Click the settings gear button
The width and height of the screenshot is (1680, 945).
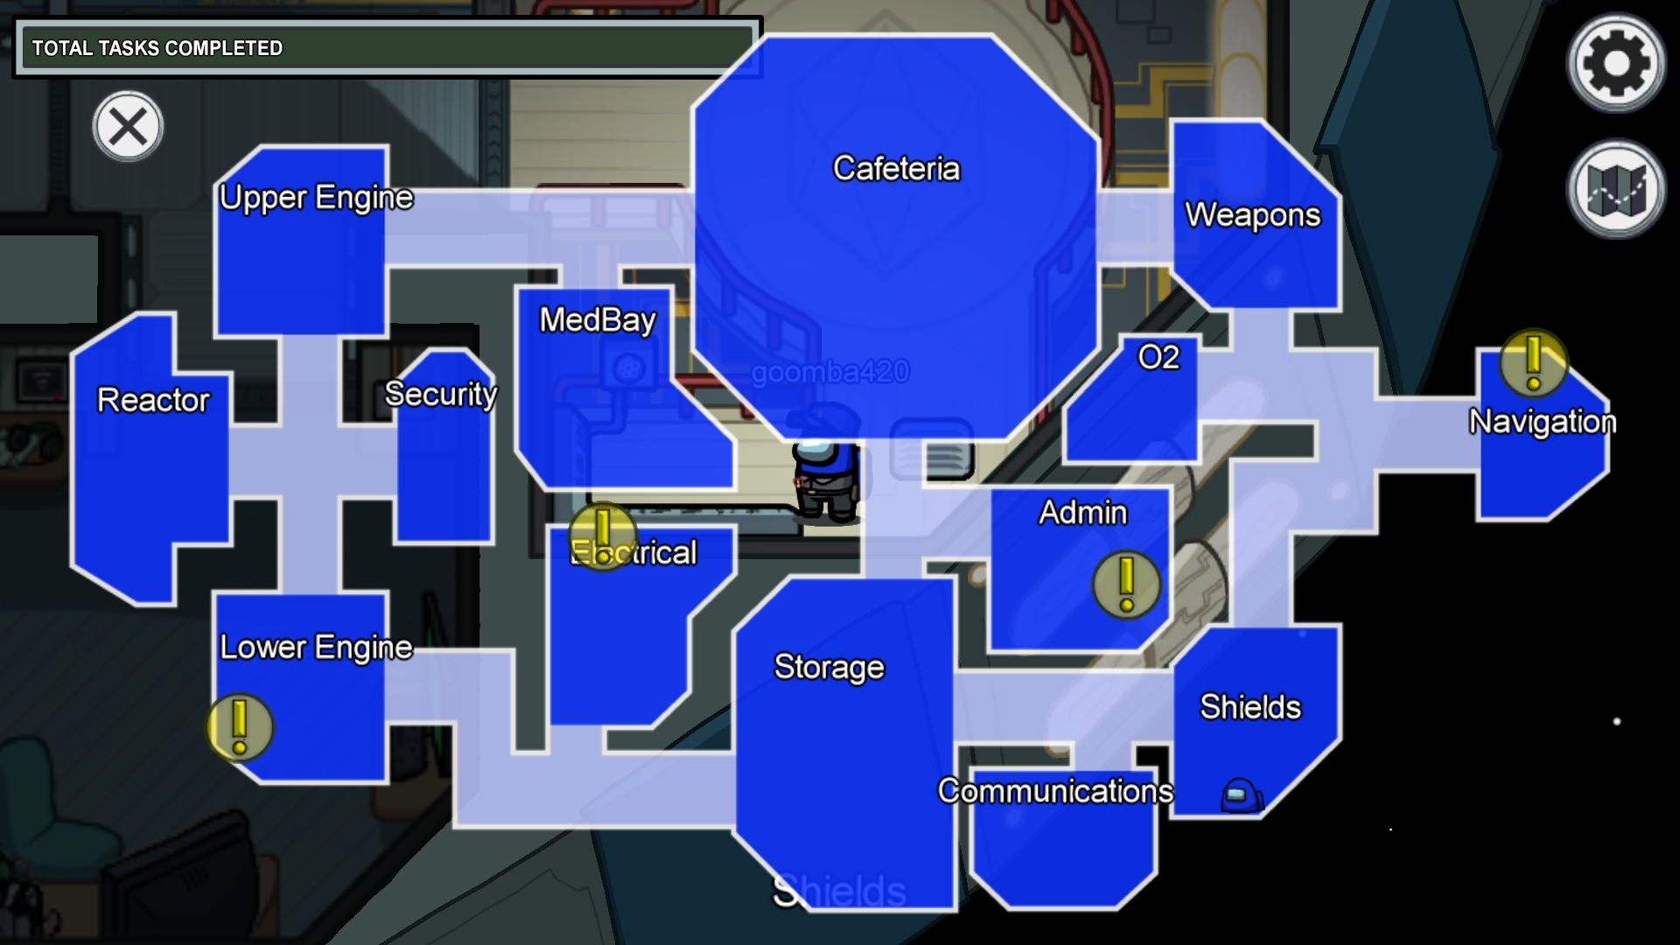tap(1615, 63)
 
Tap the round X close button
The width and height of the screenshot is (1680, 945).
tap(128, 127)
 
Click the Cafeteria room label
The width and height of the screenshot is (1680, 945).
tap(896, 168)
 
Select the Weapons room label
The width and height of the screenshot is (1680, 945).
tap(1252, 215)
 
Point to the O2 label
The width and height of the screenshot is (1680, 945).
tap(1158, 357)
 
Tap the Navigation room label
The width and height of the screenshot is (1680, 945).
tap(1542, 422)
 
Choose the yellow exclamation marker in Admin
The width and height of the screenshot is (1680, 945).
tap(1126, 584)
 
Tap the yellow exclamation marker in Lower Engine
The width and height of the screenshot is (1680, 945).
tap(240, 727)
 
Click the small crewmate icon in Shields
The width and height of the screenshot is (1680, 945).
tap(1241, 795)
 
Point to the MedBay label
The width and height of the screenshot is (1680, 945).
tap(598, 320)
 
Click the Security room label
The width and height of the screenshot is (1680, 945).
tap(441, 395)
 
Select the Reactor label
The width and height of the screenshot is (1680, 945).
tap(153, 400)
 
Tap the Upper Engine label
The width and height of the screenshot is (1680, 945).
tap(316, 198)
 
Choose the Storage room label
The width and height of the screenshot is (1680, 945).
tap(829, 668)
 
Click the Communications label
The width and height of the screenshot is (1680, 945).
tap(1055, 791)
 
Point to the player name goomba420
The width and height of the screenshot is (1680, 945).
tap(829, 373)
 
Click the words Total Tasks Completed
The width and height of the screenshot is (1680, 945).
tap(157, 48)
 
